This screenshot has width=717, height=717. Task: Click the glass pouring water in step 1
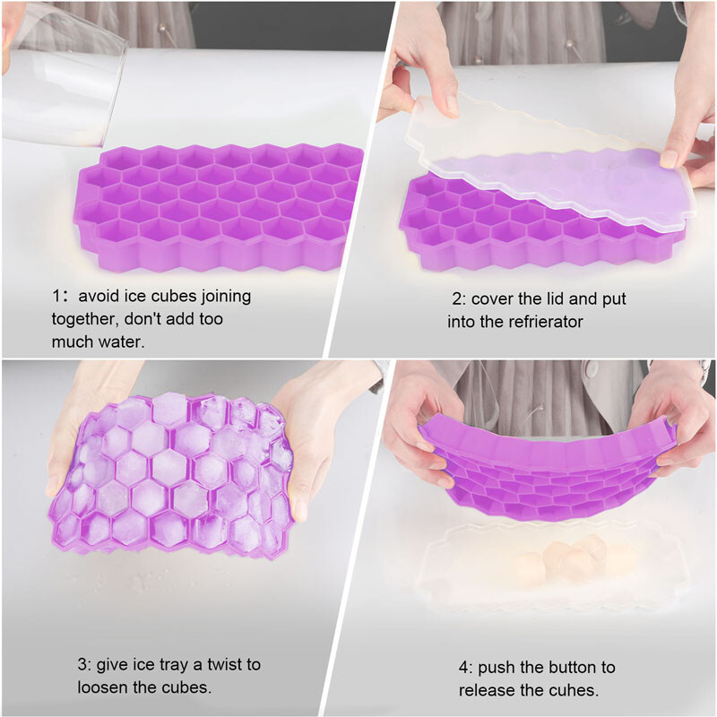tap(63, 72)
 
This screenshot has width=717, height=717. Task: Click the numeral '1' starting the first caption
tap(55, 296)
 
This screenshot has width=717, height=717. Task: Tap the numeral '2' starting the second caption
tap(456, 298)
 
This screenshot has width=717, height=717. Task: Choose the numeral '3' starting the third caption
tap(81, 665)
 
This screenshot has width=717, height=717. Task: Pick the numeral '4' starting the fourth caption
tap(463, 668)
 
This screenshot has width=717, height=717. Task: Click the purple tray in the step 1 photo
tap(220, 206)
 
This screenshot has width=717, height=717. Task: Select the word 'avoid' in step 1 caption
tap(99, 296)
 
